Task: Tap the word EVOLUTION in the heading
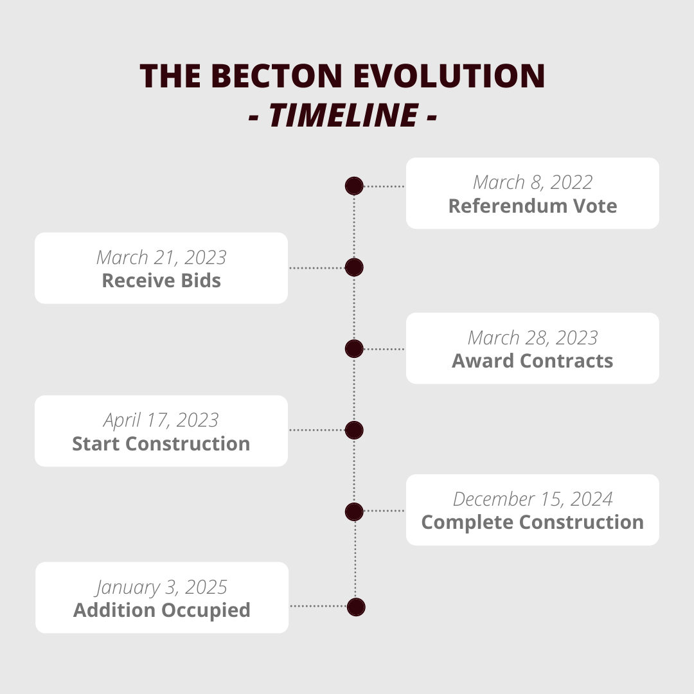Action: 449,76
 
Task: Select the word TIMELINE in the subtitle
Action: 343,115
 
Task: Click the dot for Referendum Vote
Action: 354,186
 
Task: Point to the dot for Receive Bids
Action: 354,267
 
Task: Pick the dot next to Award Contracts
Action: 354,349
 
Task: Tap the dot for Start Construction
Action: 354,430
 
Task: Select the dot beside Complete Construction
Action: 354,512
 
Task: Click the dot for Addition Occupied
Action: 356,607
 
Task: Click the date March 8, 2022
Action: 533,182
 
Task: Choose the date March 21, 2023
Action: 161,258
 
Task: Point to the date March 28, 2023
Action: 533,338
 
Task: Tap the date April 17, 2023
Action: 161,420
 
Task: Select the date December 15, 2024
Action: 533,499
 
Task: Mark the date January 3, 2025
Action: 161,588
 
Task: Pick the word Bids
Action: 201,281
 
